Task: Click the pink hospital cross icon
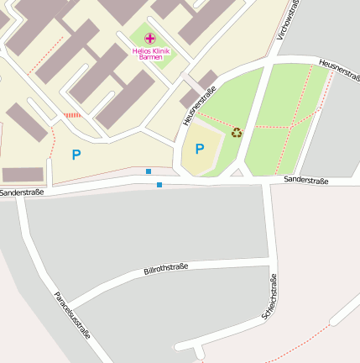150,39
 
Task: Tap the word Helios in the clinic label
141,50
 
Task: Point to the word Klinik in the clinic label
161,50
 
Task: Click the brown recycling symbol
237,132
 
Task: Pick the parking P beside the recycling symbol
199,149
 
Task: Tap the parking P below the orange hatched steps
76,155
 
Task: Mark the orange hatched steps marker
73,114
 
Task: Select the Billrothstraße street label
166,269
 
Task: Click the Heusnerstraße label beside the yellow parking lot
199,106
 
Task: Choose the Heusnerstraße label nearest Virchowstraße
339,71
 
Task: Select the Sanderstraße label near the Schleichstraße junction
305,180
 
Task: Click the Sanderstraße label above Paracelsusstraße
22,192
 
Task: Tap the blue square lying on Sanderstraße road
159,184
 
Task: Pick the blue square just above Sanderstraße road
149,171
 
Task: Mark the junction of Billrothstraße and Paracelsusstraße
68,304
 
